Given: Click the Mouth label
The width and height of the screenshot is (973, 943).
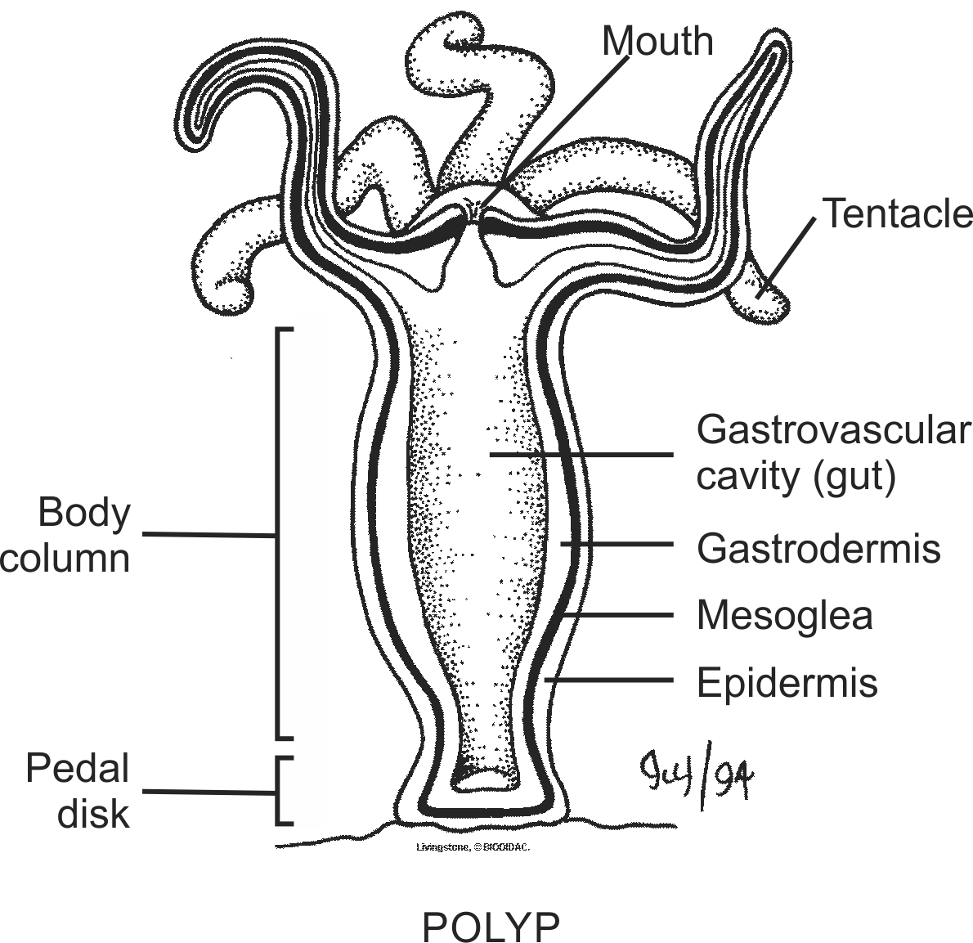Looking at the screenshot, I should pos(657,41).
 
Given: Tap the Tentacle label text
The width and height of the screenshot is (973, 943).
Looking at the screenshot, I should pos(897,213).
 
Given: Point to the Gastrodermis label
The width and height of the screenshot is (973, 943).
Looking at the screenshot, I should pos(818,547).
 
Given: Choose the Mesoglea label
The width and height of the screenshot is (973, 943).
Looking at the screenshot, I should pos(784,615).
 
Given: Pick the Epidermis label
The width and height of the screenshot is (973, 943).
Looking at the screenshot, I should pos(787,682).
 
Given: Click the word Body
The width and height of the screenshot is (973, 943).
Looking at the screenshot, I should pos(84,513).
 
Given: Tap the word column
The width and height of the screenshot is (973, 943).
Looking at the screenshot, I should pos(65,559).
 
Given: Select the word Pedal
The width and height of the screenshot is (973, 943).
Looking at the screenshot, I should pos(78,769).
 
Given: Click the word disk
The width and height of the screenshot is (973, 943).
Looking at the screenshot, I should pos(93,814).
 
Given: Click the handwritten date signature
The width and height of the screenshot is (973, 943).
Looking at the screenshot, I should pos(697,782).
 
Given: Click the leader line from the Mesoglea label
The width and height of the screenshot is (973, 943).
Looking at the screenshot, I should pos(621,615).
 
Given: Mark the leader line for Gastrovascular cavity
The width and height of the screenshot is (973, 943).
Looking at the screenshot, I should pos(581,454).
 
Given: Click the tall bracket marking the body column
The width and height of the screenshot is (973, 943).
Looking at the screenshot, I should pos(278,532).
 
